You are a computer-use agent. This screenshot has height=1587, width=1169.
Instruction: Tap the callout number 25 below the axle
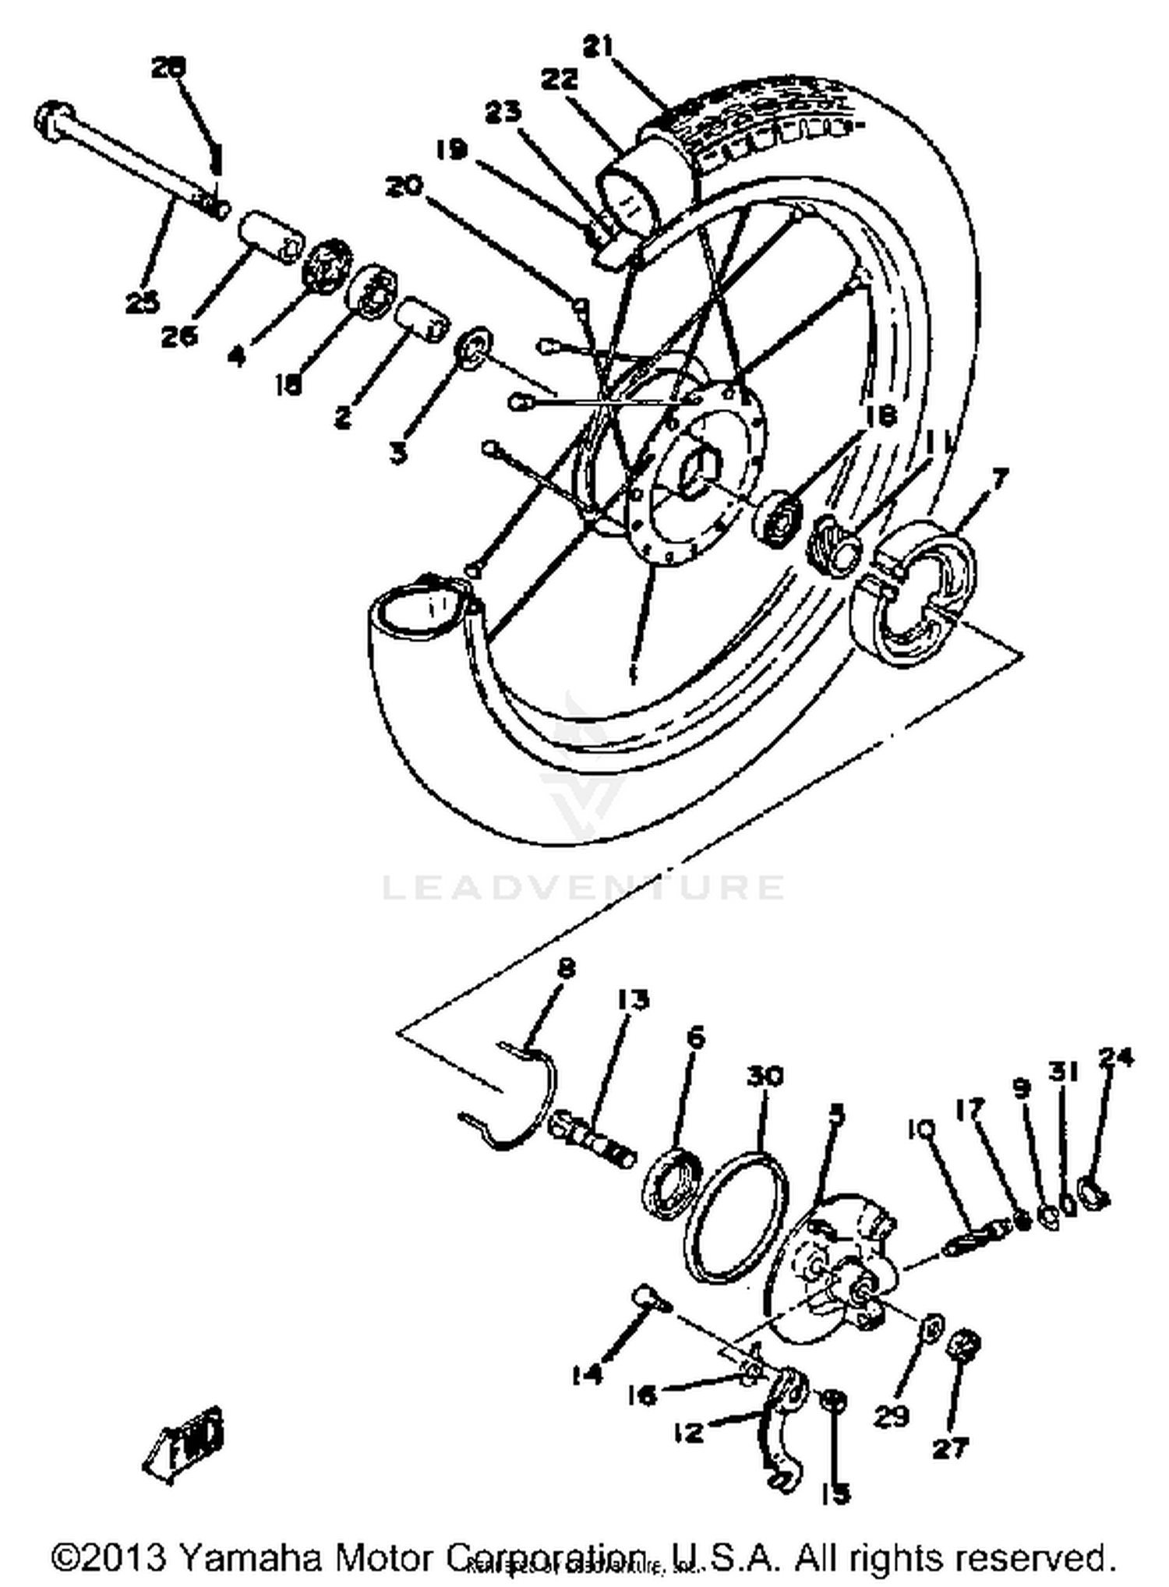point(143,302)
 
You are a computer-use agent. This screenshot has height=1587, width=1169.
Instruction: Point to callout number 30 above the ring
point(764,1076)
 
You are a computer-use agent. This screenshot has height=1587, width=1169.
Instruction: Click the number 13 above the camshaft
point(634,999)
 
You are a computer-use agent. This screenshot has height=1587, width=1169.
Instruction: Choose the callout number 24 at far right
point(1115,1059)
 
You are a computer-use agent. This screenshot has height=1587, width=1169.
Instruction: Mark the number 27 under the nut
point(951,1448)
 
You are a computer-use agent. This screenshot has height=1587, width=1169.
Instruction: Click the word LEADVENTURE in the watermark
point(583,887)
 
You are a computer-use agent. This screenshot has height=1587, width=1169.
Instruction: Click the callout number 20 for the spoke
point(404,187)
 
